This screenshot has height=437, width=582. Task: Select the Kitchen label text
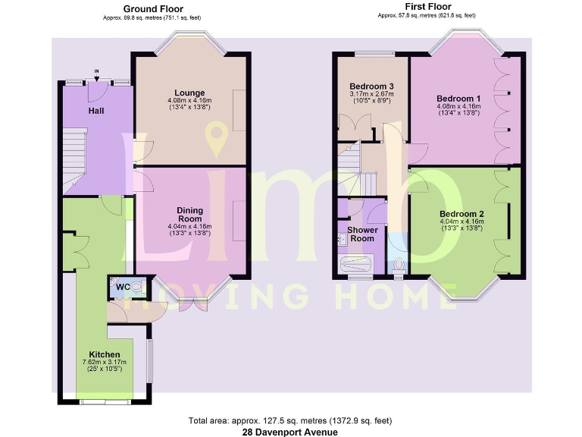coord(104,354)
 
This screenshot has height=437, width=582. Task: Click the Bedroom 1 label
coord(458,99)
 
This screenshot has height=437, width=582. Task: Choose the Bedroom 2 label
coord(462,213)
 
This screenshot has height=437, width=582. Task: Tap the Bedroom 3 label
coord(369,85)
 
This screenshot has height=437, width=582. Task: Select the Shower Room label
coord(361,234)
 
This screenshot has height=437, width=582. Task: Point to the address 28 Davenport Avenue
coord(291,431)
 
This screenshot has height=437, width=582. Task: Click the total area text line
coord(291,420)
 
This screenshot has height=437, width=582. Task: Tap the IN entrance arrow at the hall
coord(96,74)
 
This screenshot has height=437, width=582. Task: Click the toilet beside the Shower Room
coord(399,266)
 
